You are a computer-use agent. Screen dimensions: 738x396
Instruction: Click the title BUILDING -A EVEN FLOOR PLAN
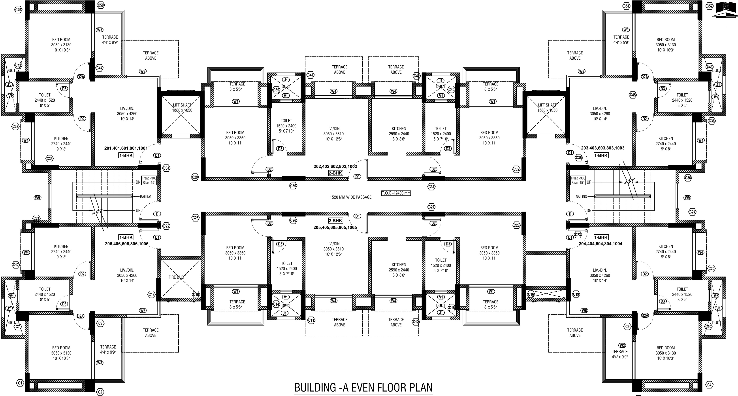coord(363,387)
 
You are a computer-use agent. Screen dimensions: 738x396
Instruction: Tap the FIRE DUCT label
coord(177,277)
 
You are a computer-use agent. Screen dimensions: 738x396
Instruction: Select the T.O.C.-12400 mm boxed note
coord(396,193)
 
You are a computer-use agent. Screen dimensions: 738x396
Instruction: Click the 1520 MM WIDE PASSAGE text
coord(350,197)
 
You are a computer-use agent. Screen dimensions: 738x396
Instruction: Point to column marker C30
coord(293,186)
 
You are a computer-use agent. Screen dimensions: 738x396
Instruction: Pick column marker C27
coord(431,207)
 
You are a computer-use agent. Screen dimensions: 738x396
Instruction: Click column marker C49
coord(18,10)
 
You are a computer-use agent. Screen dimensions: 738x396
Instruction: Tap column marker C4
coord(709,385)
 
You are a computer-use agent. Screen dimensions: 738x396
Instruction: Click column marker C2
coord(100,392)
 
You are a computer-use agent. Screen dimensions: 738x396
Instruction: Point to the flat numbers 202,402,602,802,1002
coord(335,166)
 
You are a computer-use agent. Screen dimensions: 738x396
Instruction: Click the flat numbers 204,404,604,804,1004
coord(601,244)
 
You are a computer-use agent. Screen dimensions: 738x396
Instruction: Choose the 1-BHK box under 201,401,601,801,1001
coord(126,155)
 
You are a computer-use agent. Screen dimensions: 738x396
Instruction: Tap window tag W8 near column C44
coord(142,71)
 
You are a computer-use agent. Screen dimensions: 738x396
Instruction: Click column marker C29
coord(195,177)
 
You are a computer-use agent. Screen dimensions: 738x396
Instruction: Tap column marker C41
coord(310,75)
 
